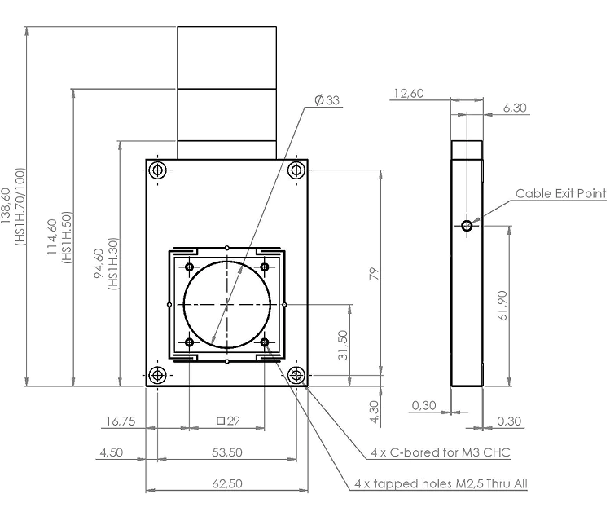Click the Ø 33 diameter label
(x=327, y=100)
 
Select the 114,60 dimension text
(x=52, y=236)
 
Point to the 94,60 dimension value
(x=99, y=263)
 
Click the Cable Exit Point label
(x=560, y=193)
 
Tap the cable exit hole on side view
(x=467, y=225)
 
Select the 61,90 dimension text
(x=502, y=306)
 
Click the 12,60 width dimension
(x=409, y=94)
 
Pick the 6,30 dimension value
(x=515, y=108)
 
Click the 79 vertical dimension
(x=374, y=273)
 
